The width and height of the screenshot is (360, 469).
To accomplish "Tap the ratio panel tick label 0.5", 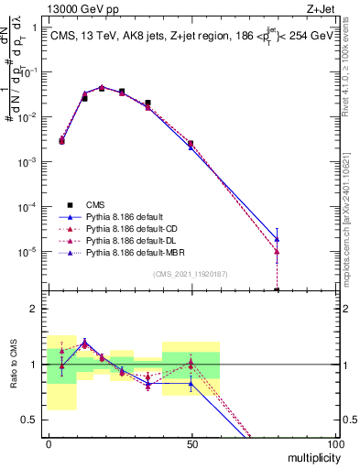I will click(x=31, y=420).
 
